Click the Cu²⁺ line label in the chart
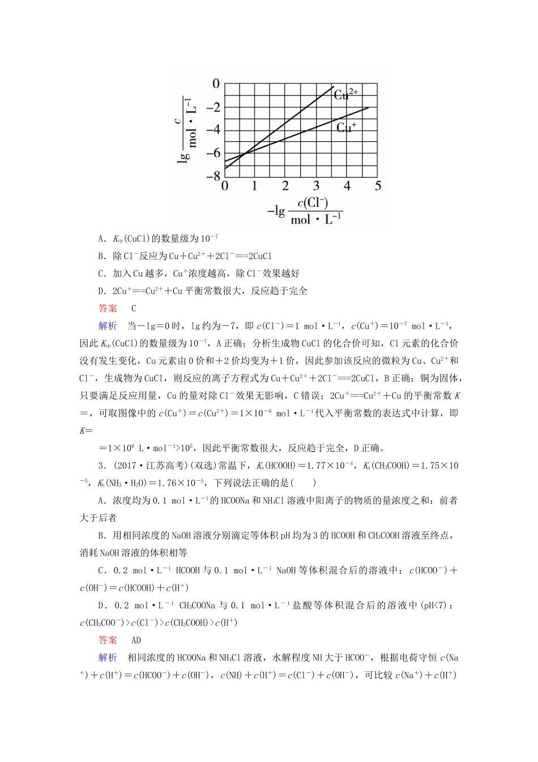tap(345, 94)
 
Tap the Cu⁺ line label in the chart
tap(346, 127)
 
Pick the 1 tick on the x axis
tap(254, 186)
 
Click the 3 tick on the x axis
tap(316, 186)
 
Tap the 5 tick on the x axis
tap(378, 186)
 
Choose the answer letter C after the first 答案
tap(134, 308)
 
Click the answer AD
tap(136, 640)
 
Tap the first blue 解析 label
tap(108, 325)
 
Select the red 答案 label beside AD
tap(108, 640)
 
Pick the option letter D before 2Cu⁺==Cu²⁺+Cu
tap(101, 291)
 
